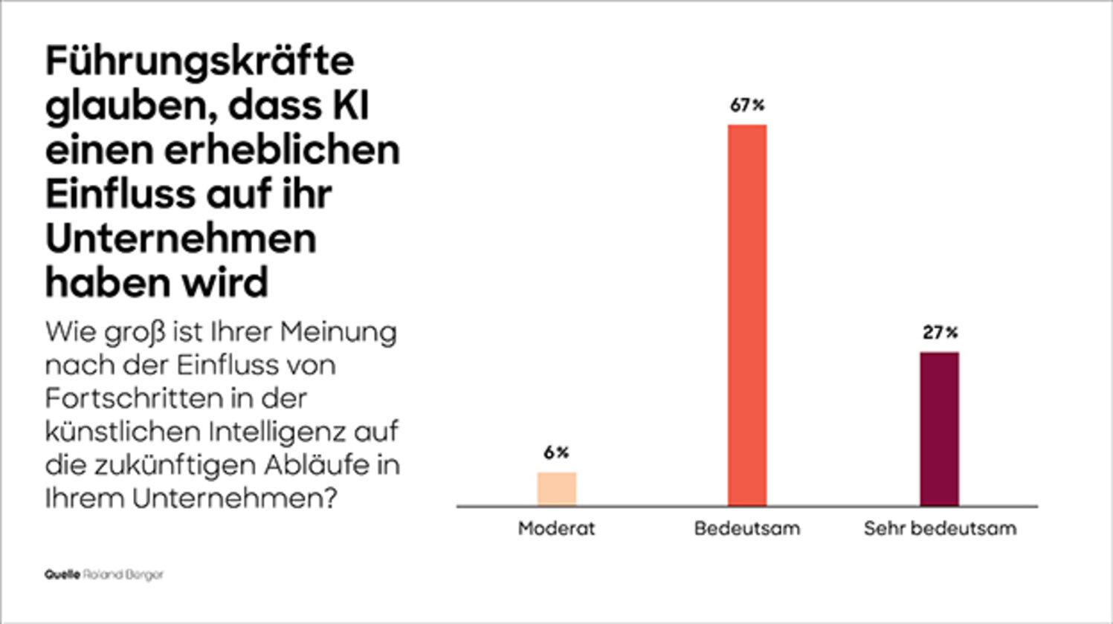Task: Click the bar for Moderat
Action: click(x=557, y=489)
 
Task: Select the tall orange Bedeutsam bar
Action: click(x=746, y=316)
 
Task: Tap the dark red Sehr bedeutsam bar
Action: click(x=939, y=429)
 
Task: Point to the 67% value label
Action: click(x=747, y=105)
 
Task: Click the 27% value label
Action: click(x=940, y=333)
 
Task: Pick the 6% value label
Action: click(x=556, y=452)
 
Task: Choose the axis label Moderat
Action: click(x=556, y=529)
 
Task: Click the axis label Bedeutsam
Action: click(x=747, y=529)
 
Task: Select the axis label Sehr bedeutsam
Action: click(x=940, y=529)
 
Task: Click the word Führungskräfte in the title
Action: click(x=199, y=61)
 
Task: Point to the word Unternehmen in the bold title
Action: click(x=181, y=239)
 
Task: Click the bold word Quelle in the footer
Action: click(x=62, y=575)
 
